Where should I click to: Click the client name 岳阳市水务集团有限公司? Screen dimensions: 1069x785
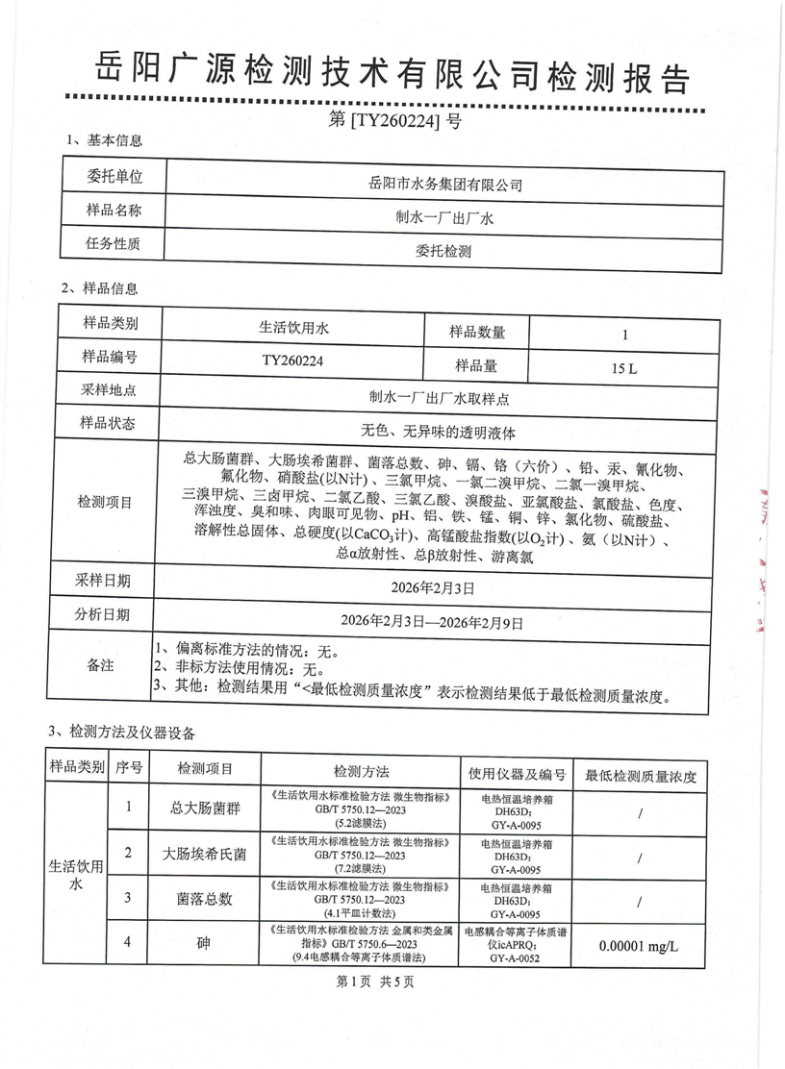[x=445, y=183]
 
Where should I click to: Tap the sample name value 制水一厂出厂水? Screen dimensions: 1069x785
[x=445, y=218]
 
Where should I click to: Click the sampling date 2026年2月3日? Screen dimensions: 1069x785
[x=438, y=585]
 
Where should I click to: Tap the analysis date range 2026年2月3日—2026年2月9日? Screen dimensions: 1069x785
[x=438, y=621]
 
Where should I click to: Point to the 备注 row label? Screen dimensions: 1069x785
[x=101, y=664]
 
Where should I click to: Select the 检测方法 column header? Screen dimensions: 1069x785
[x=361, y=771]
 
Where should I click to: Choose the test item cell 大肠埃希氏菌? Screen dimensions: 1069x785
[x=204, y=854]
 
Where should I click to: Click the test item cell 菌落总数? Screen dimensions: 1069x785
[x=203, y=898]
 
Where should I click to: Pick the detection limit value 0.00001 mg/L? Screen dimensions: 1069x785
[x=639, y=946]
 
